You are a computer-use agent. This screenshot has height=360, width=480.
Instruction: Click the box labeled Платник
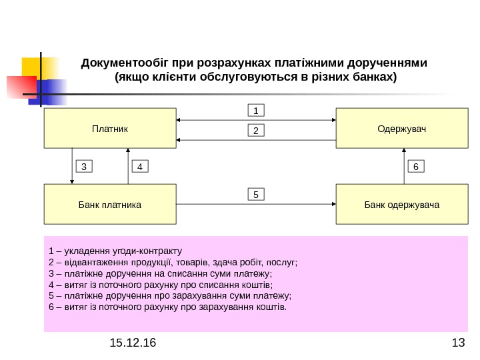pyautogui.click(x=110, y=129)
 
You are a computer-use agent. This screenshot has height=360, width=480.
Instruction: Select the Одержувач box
pyautogui.click(x=402, y=129)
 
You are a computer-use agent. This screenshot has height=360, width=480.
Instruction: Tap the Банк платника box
pyautogui.click(x=110, y=204)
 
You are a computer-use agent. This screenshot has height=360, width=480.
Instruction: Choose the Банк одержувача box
pyautogui.click(x=402, y=204)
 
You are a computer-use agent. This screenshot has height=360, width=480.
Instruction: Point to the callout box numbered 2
pyautogui.click(x=257, y=131)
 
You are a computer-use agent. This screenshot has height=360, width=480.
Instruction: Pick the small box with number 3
pyautogui.click(x=85, y=166)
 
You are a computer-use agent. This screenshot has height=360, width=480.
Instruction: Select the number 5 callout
pyautogui.click(x=257, y=195)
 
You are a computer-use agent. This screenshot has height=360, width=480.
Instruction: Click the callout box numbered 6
pyautogui.click(x=415, y=166)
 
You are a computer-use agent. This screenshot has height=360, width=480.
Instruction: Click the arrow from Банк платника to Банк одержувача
pyautogui.click(x=257, y=204)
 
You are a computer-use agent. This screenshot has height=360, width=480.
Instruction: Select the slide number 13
pyautogui.click(x=457, y=343)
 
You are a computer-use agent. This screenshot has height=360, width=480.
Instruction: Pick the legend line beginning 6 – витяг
pyautogui.click(x=167, y=307)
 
